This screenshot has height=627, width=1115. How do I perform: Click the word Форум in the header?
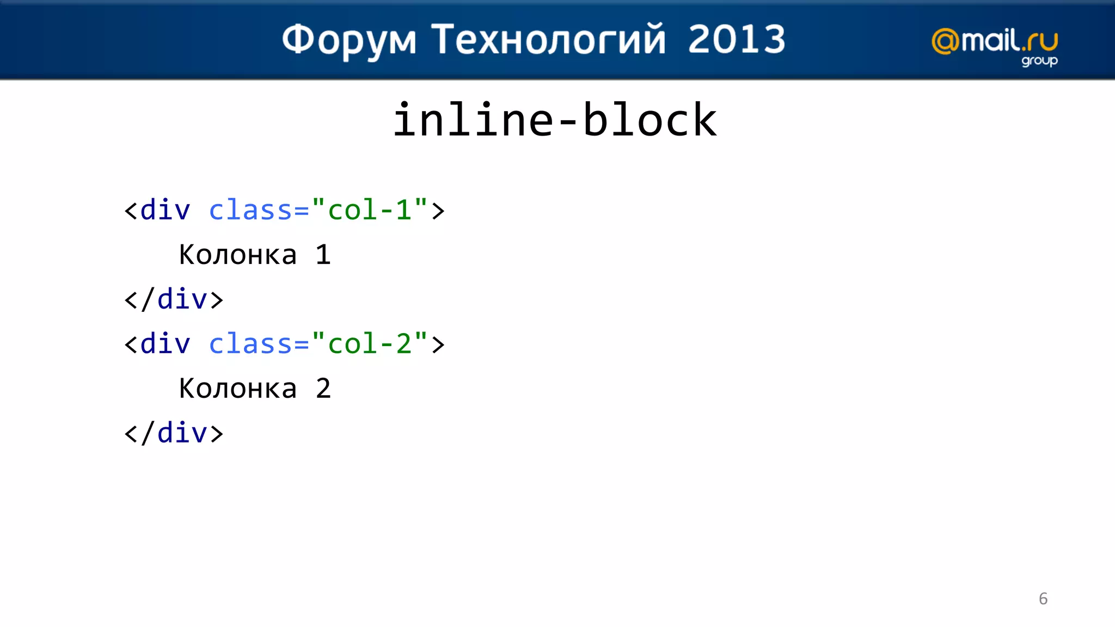pyautogui.click(x=349, y=40)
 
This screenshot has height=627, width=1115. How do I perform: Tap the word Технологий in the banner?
pyautogui.click(x=548, y=40)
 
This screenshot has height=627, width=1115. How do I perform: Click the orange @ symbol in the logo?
pyautogui.click(x=945, y=42)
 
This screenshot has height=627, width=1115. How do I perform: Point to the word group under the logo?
pyautogui.click(x=1039, y=61)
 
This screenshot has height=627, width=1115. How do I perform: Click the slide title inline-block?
pyautogui.click(x=554, y=120)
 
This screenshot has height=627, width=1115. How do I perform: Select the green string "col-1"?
pyautogui.click(x=369, y=210)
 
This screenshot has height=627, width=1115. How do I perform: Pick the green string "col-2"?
pyautogui.click(x=369, y=344)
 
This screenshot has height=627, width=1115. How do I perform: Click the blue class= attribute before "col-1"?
pyautogui.click(x=259, y=210)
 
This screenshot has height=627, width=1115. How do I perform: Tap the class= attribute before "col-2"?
pyautogui.click(x=259, y=344)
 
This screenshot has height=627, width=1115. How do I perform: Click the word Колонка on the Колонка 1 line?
pyautogui.click(x=238, y=255)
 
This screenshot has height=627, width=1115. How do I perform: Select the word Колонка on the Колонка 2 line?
pyautogui.click(x=238, y=389)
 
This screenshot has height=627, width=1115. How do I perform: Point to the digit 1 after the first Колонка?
pyautogui.click(x=323, y=255)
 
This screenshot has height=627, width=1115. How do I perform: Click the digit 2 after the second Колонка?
pyautogui.click(x=323, y=389)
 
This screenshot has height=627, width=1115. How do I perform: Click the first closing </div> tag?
pyautogui.click(x=174, y=299)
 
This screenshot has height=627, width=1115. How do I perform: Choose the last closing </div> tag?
pyautogui.click(x=174, y=433)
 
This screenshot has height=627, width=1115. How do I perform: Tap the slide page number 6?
pyautogui.click(x=1043, y=599)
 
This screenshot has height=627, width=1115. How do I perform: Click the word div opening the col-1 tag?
pyautogui.click(x=165, y=210)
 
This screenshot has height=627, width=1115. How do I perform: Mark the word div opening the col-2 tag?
pyautogui.click(x=165, y=344)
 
